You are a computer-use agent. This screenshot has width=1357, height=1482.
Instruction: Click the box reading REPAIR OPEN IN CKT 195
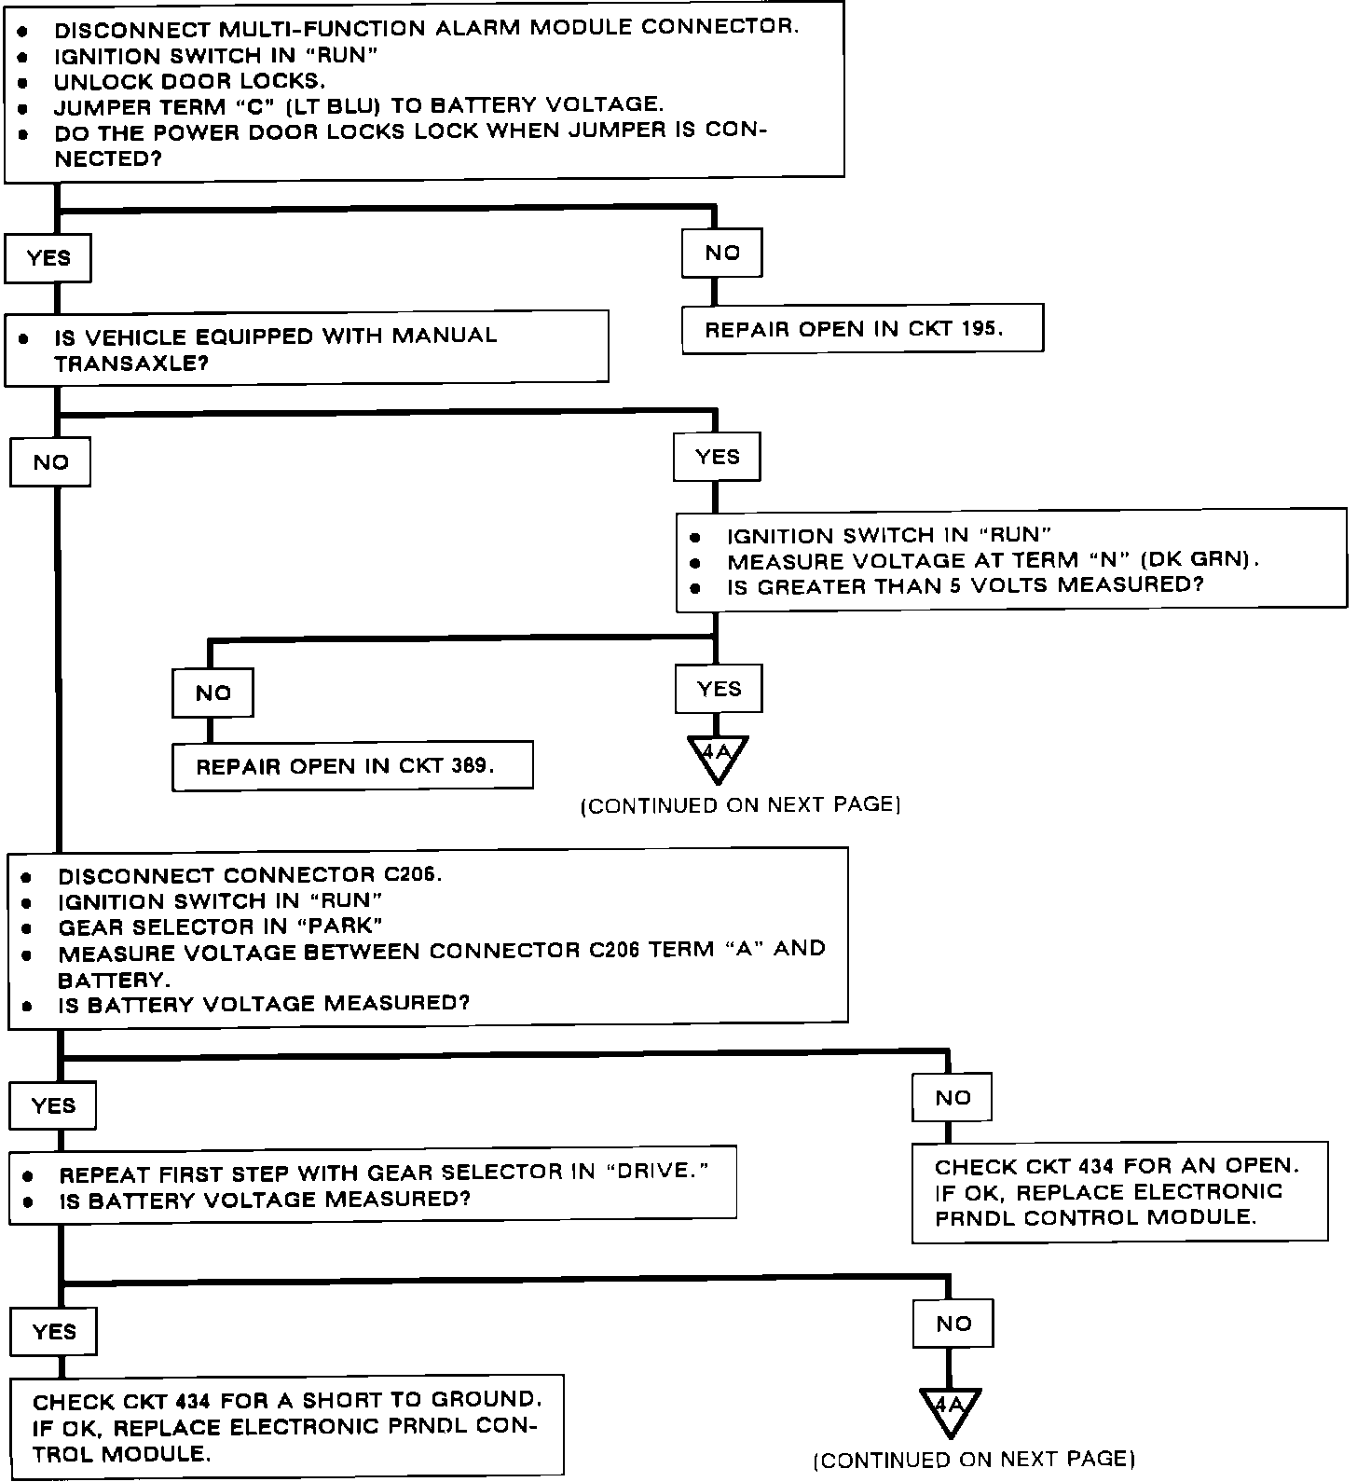tap(862, 329)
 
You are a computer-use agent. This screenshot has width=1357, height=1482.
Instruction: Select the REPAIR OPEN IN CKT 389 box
tap(352, 766)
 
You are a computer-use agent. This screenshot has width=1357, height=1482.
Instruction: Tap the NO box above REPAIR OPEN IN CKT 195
tap(722, 253)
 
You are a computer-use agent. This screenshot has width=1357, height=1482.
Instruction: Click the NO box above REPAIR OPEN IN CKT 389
tap(213, 693)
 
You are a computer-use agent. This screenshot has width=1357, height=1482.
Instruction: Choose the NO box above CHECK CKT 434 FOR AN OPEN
tap(953, 1097)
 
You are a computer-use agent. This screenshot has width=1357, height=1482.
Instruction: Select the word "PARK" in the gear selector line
tap(340, 926)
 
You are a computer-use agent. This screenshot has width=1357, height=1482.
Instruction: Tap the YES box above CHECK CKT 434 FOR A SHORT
tap(53, 1331)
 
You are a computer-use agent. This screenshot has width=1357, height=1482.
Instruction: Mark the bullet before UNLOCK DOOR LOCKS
tap(22, 83)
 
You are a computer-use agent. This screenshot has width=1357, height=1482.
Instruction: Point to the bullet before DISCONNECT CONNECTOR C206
tap(27, 877)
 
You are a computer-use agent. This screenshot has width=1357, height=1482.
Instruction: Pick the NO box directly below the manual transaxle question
tap(50, 462)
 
